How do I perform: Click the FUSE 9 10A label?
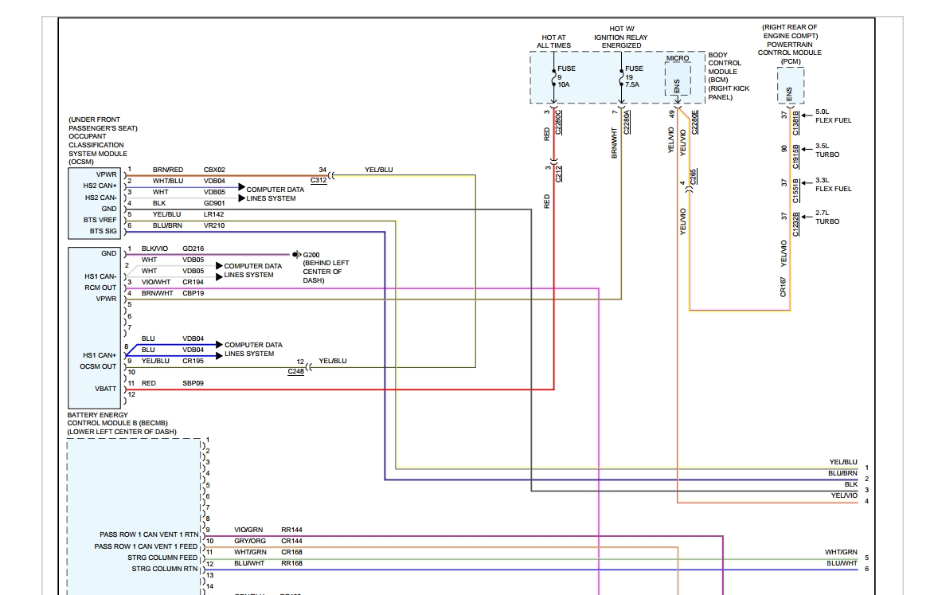[566, 76]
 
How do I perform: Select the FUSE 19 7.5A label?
[634, 76]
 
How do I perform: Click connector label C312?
[318, 181]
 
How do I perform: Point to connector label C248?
[296, 372]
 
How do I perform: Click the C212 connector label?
[559, 174]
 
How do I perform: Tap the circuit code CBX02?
[214, 170]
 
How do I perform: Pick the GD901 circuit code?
[214, 203]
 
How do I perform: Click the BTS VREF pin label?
[100, 219]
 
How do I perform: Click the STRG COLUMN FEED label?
[162, 558]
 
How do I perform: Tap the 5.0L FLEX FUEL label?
[833, 116]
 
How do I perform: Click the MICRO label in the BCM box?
[677, 59]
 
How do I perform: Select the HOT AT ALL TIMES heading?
[556, 41]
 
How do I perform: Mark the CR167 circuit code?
[784, 287]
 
